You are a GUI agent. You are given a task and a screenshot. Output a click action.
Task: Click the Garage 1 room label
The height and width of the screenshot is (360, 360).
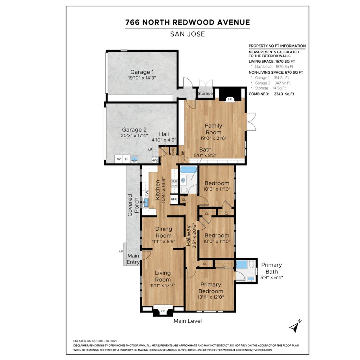point(142,72)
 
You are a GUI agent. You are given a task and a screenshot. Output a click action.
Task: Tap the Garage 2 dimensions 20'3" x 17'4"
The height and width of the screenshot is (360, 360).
point(134,136)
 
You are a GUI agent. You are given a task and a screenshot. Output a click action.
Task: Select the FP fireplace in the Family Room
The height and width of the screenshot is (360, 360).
point(230,99)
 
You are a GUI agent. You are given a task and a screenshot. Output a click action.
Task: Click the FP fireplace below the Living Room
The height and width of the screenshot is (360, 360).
point(163,311)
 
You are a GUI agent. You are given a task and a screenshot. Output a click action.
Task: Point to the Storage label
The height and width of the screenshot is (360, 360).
point(205,93)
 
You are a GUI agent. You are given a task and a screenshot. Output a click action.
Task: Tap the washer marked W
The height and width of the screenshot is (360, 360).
point(119,159)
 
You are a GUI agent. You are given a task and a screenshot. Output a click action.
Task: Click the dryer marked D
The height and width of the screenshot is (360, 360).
point(126,159)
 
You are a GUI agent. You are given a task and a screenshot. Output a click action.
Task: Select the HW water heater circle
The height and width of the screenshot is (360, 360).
point(155,160)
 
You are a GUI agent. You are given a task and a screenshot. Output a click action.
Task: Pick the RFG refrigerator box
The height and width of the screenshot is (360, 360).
point(174,199)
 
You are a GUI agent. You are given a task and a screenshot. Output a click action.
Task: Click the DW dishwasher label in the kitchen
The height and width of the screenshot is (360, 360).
point(147,194)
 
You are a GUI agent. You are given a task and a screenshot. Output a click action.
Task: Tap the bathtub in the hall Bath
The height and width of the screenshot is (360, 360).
point(188,170)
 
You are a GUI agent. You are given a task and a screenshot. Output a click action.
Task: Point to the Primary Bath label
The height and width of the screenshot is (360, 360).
point(272,268)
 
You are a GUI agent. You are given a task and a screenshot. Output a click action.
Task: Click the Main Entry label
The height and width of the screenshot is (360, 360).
point(133,259)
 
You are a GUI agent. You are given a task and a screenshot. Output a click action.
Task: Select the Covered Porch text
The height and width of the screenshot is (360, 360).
point(133,205)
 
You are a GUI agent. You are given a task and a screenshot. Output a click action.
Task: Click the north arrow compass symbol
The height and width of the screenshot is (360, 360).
point(295,326)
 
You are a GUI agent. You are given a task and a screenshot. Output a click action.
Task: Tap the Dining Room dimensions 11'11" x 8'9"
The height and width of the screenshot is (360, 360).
point(163,242)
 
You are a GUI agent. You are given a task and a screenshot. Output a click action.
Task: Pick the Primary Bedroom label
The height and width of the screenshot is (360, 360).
point(211,288)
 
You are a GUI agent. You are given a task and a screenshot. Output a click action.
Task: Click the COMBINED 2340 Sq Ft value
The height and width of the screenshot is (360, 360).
point(284,94)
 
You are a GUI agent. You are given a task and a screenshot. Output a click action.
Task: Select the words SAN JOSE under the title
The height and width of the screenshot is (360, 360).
point(187,34)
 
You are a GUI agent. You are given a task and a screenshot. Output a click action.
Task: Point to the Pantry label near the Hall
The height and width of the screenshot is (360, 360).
point(173,151)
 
